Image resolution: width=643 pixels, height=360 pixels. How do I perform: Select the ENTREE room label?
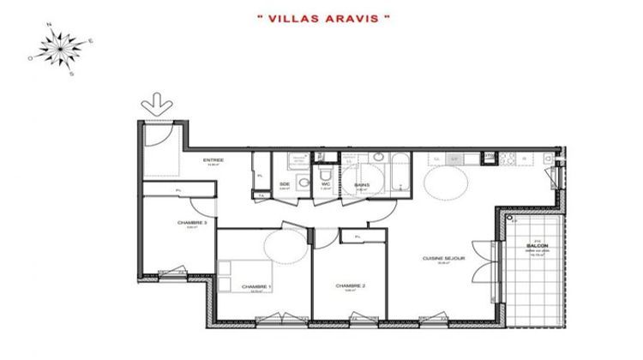(213, 160)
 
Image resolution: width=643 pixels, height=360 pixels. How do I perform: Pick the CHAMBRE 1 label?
(255, 286)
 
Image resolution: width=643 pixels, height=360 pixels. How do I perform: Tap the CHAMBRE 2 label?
(351, 285)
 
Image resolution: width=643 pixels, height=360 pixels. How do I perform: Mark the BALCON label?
(538, 247)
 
